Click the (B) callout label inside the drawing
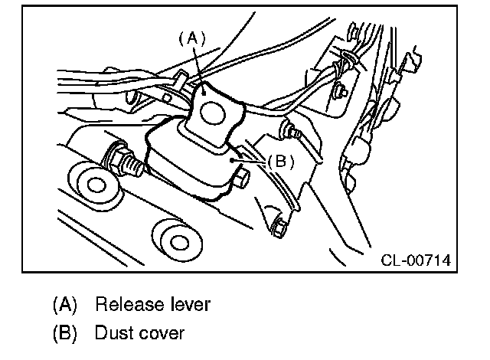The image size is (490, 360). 281,161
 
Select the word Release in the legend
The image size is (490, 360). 126,305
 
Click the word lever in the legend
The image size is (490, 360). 189,305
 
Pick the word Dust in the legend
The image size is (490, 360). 113,334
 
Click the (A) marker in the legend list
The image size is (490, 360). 65,305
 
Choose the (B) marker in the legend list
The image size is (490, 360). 65,334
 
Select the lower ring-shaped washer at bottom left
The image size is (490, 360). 179,243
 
